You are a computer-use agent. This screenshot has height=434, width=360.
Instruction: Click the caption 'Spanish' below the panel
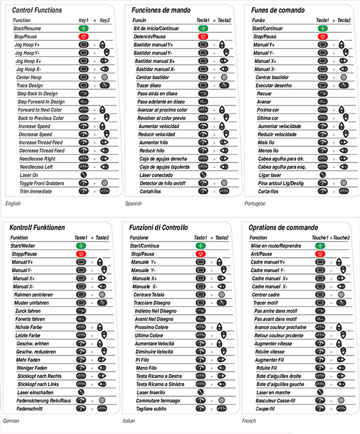click(133, 204)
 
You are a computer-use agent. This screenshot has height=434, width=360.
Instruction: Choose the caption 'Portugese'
click(255, 204)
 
